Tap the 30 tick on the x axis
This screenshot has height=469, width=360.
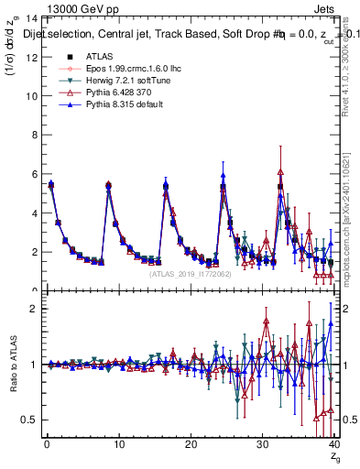(x=263, y=444)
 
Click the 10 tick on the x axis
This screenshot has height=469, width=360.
(x=119, y=444)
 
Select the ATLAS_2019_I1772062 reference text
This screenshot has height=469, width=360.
(x=190, y=273)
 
